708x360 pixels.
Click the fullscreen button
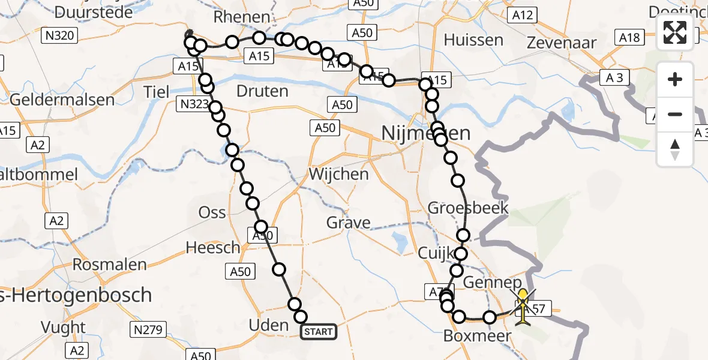675,32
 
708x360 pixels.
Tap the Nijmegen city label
426,133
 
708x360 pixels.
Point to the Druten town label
262,92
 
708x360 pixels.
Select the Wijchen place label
338,175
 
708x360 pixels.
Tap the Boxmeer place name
477,336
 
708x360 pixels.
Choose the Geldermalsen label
62,99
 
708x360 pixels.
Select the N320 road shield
60,36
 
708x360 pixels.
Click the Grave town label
348,223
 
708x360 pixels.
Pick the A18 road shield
630,38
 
